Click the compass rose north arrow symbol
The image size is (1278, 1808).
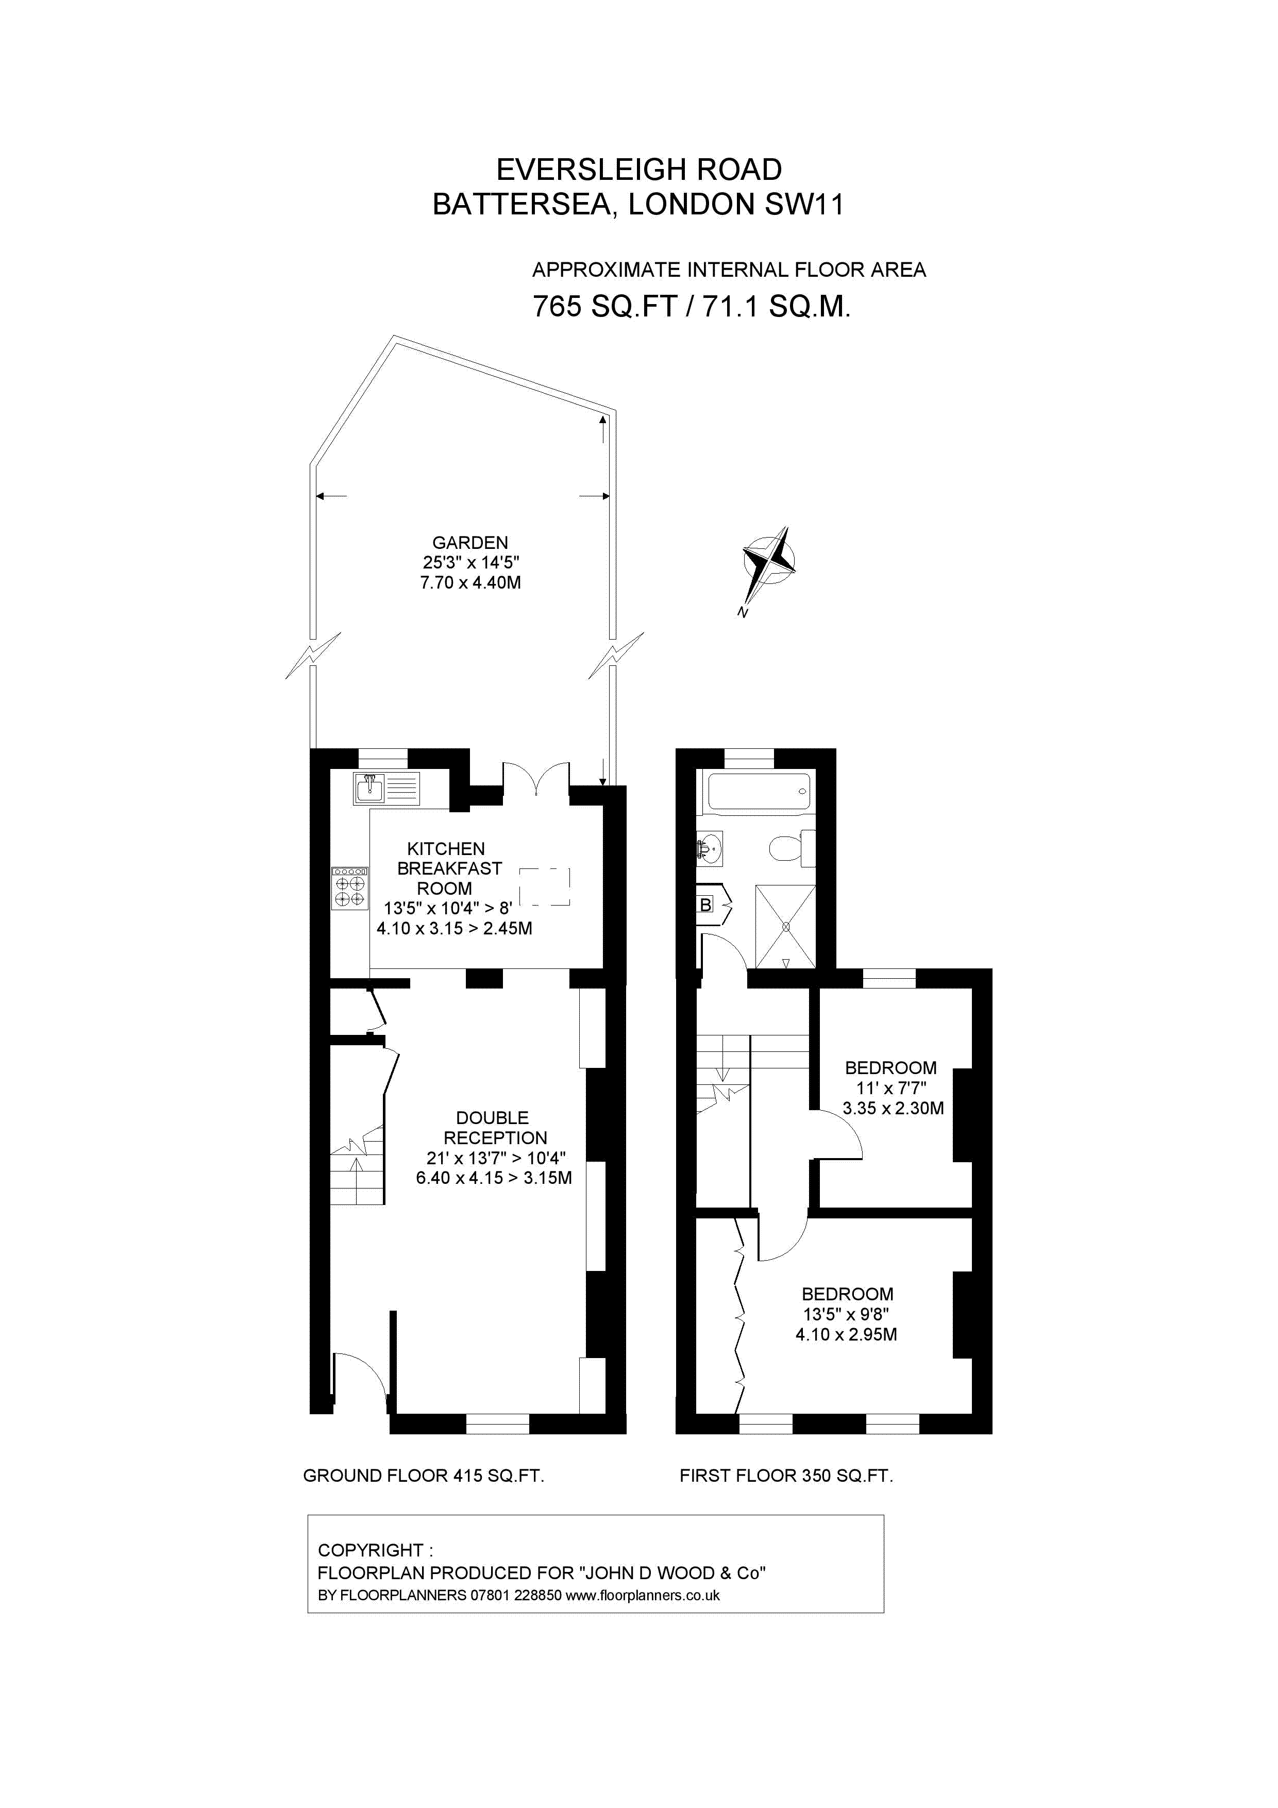(x=768, y=561)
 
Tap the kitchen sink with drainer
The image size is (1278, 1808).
(x=386, y=788)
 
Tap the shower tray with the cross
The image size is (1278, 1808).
(x=785, y=927)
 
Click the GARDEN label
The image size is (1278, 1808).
(x=470, y=543)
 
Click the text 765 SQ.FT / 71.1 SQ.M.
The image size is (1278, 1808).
(x=692, y=306)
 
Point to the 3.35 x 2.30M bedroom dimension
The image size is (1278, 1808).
(x=892, y=1109)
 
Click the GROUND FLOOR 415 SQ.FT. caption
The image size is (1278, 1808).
(x=424, y=1476)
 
